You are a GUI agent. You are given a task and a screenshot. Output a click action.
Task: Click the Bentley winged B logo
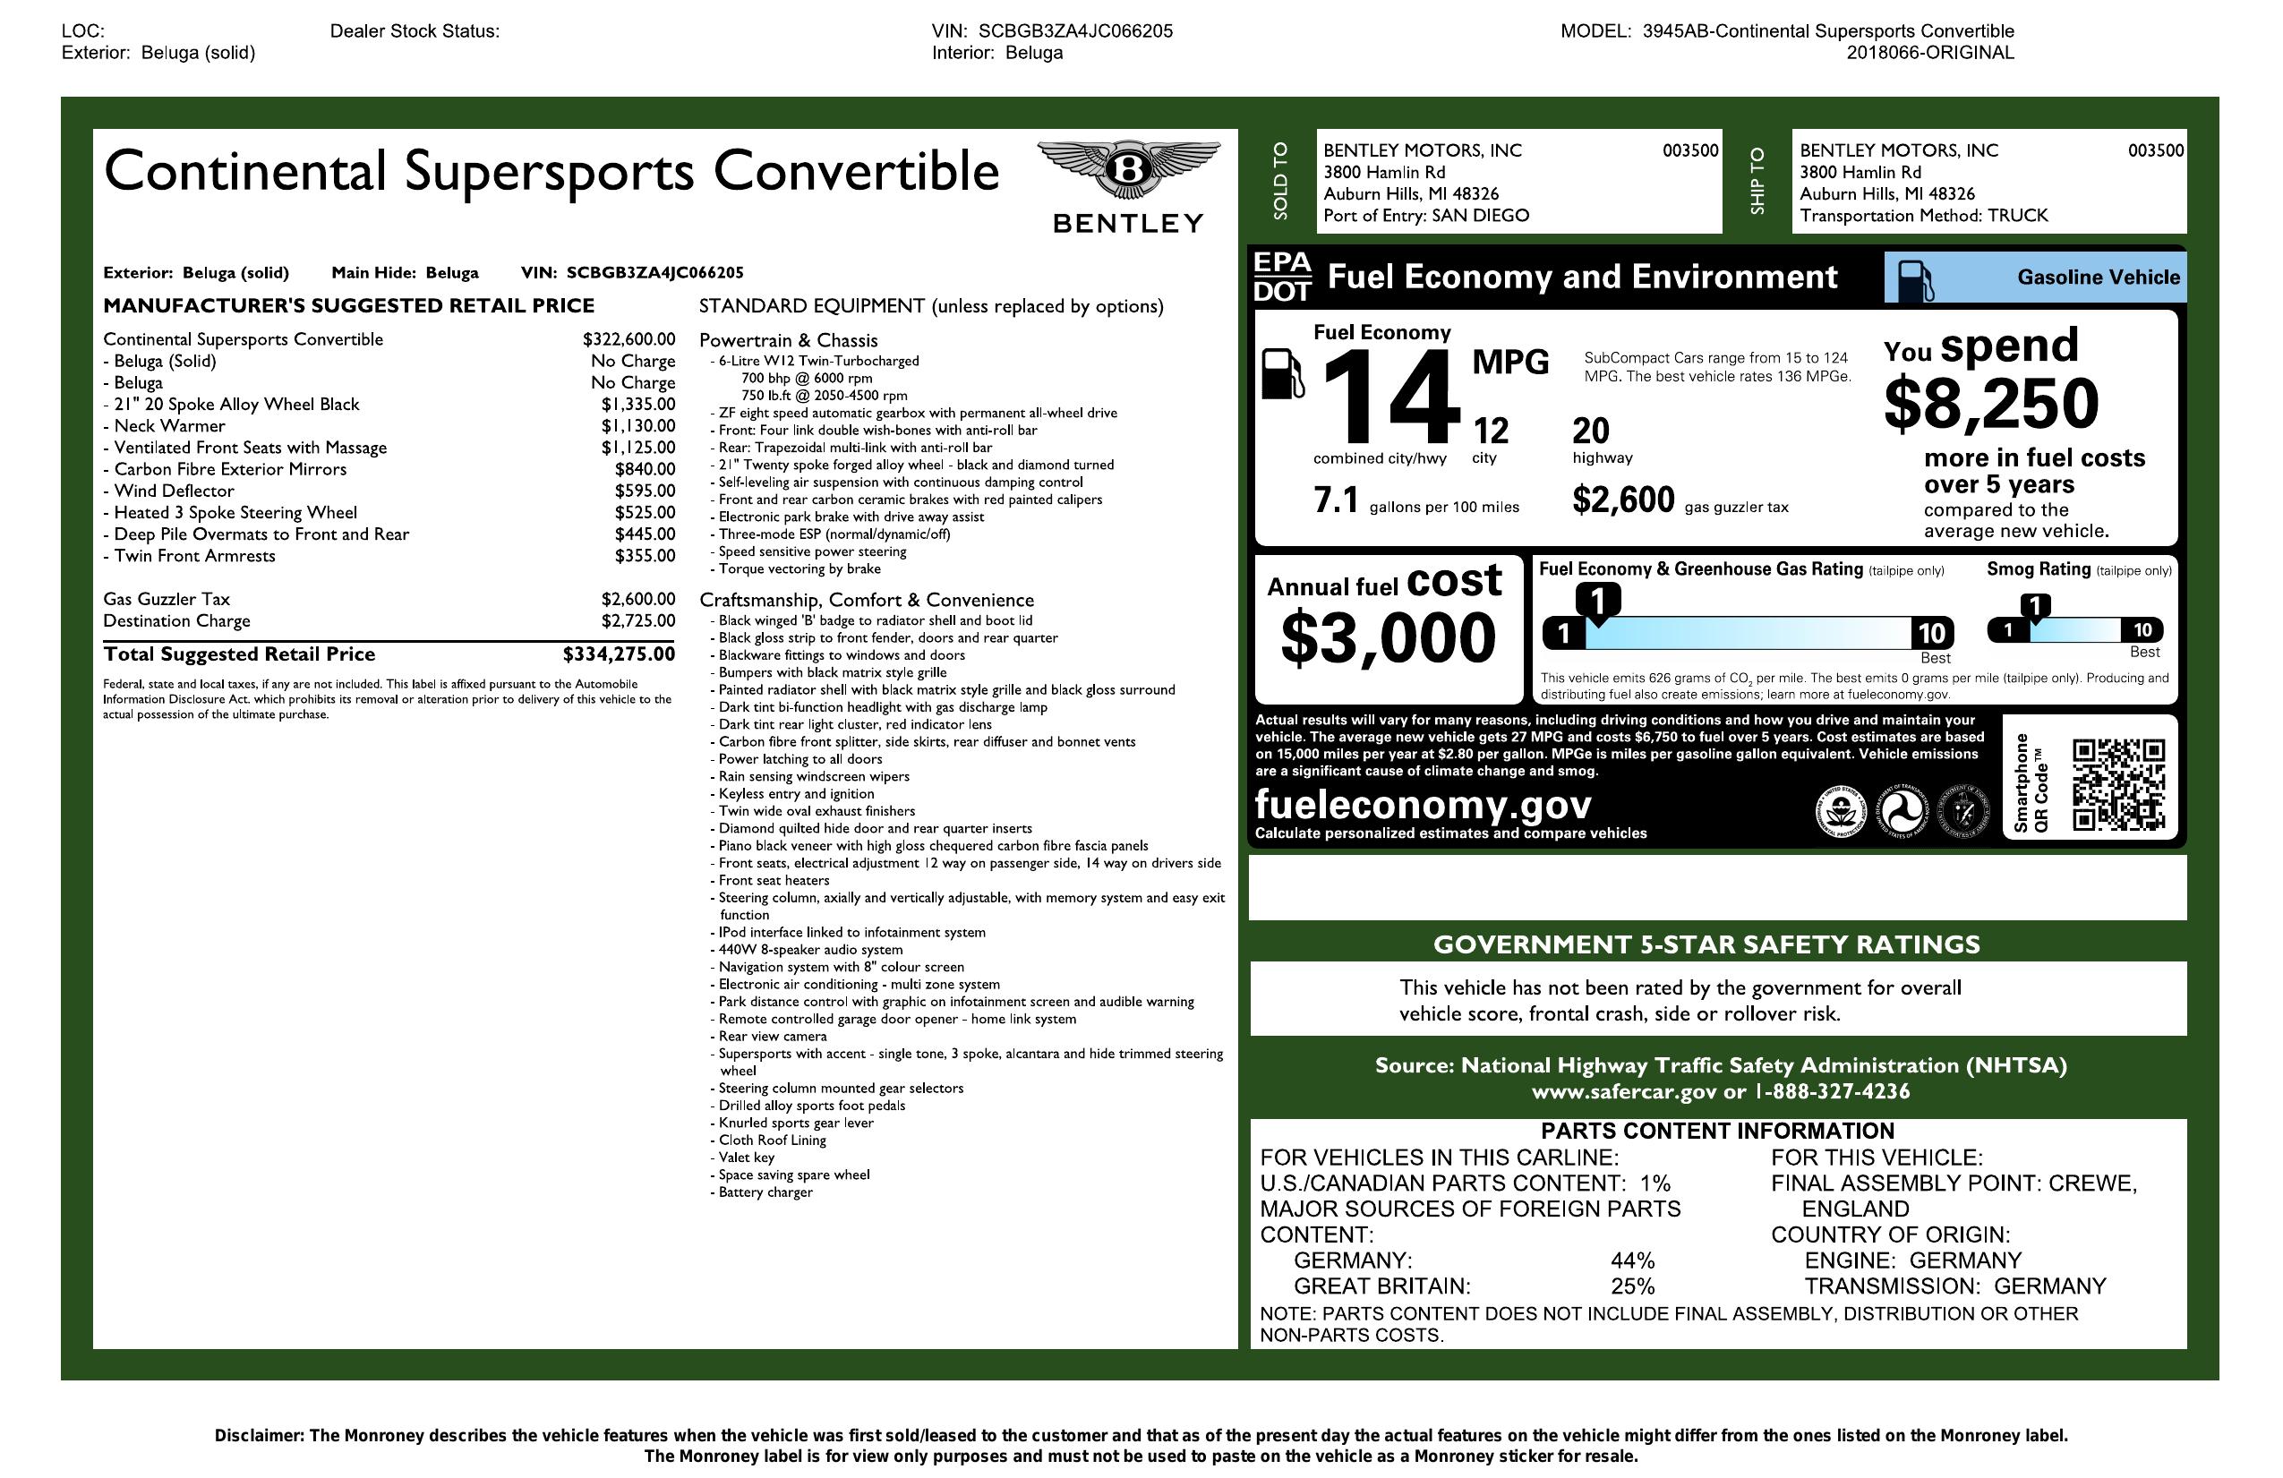click(1128, 171)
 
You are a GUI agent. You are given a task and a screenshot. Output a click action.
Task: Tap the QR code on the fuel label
click(2118, 783)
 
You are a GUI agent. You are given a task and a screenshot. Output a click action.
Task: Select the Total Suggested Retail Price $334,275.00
click(619, 654)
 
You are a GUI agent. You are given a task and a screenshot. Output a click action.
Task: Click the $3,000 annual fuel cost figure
click(1387, 637)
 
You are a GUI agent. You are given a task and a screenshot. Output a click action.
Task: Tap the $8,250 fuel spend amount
click(1990, 404)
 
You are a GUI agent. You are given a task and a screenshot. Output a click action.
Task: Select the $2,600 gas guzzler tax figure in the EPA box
click(1623, 500)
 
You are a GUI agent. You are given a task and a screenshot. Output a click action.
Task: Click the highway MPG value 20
click(1590, 431)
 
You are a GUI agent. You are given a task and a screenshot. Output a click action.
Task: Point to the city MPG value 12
click(1491, 431)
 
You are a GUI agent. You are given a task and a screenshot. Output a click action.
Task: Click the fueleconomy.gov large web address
click(1423, 804)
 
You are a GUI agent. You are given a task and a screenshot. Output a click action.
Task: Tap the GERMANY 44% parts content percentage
click(1633, 1260)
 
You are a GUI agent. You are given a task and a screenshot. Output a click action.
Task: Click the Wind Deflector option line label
click(174, 491)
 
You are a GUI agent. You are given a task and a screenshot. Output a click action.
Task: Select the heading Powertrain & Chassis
click(788, 340)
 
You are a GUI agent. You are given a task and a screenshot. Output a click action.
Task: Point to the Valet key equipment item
click(747, 1158)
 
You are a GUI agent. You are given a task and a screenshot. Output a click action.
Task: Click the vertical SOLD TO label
click(1280, 181)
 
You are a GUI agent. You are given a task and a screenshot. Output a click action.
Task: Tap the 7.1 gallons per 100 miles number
click(1335, 500)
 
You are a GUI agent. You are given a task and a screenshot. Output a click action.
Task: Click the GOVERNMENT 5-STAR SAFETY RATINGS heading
click(1706, 944)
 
